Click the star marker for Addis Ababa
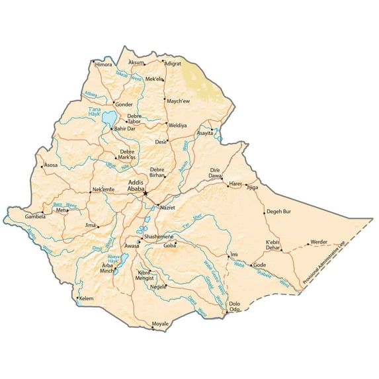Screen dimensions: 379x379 (x=146, y=193)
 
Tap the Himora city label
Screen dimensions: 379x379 (x=104, y=65)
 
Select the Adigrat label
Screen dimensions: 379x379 (x=173, y=63)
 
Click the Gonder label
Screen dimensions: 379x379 (x=124, y=105)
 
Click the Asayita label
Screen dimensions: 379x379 (x=206, y=133)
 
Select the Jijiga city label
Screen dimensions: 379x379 (x=252, y=187)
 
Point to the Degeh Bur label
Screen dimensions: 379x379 (x=278, y=212)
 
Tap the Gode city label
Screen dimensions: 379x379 (x=260, y=265)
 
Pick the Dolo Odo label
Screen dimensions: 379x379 (x=234, y=306)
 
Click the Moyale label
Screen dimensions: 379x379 (x=161, y=323)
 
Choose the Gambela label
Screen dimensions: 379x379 (x=36, y=216)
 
